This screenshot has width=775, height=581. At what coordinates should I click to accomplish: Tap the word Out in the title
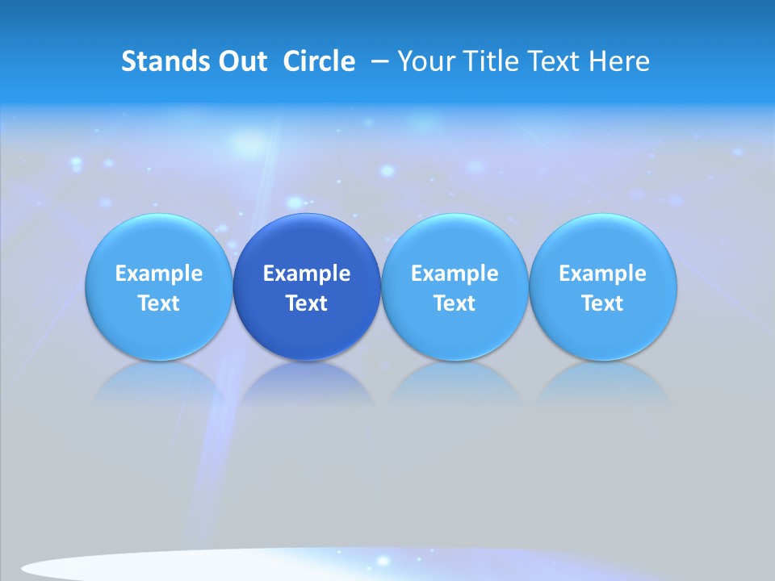click(241, 61)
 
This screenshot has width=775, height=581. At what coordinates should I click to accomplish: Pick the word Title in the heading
click(487, 61)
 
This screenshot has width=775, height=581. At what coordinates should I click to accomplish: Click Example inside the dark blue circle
click(307, 274)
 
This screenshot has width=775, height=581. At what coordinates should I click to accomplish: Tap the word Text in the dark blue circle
click(307, 303)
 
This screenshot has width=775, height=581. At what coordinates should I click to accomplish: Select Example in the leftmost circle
click(159, 274)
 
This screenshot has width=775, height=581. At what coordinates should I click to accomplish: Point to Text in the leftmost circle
click(159, 303)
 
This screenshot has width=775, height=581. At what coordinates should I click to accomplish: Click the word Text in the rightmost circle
click(603, 303)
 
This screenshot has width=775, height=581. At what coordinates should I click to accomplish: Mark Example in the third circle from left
click(455, 274)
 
